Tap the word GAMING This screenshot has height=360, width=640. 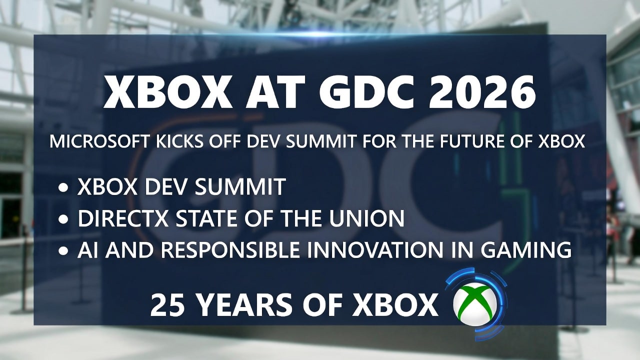[x=528, y=250]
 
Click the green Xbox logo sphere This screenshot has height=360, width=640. [x=475, y=304]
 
